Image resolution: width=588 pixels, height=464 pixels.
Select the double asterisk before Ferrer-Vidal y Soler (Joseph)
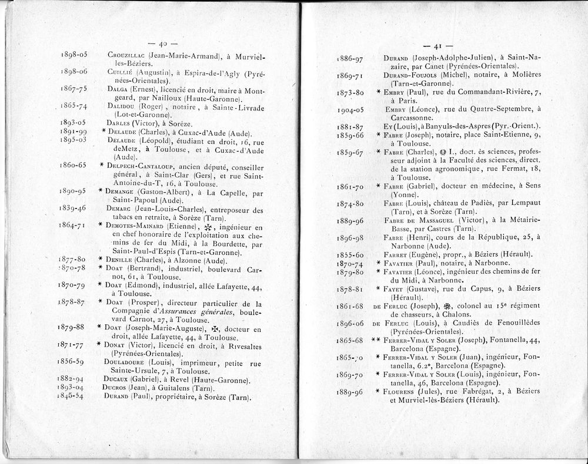tap(375, 340)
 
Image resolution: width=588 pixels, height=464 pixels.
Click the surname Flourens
tap(400, 392)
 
